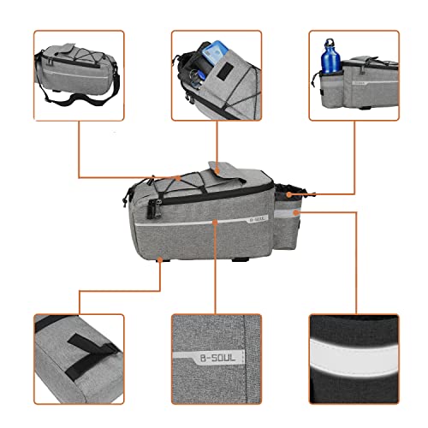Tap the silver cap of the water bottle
click(331, 42)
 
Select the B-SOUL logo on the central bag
click(259, 217)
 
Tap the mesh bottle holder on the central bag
click(287, 193)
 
